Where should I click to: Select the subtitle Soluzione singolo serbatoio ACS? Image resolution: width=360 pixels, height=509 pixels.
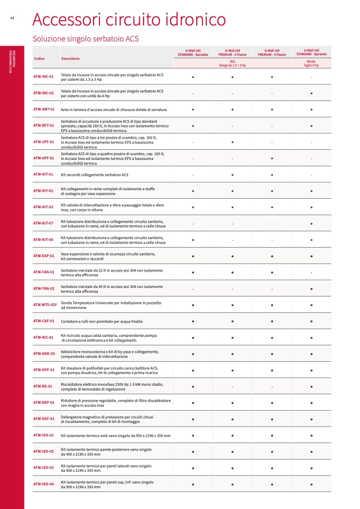click(x=87, y=39)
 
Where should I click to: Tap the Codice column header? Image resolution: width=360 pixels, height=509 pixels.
click(x=39, y=58)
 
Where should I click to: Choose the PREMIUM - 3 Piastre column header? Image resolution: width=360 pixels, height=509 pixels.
click(x=232, y=53)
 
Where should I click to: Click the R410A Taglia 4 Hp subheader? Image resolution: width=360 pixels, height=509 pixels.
click(x=311, y=63)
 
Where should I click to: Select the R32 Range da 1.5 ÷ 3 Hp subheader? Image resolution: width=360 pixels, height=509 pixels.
click(x=232, y=63)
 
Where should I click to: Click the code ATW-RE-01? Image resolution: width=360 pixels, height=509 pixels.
click(x=43, y=386)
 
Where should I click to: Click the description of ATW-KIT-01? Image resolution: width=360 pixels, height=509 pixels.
click(x=95, y=174)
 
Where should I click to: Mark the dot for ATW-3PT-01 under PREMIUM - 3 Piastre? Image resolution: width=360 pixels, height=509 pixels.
click(x=232, y=142)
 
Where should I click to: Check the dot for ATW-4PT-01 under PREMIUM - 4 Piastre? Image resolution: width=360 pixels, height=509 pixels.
click(x=272, y=158)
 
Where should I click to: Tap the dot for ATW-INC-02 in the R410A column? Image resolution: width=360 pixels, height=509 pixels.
click(x=311, y=93)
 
